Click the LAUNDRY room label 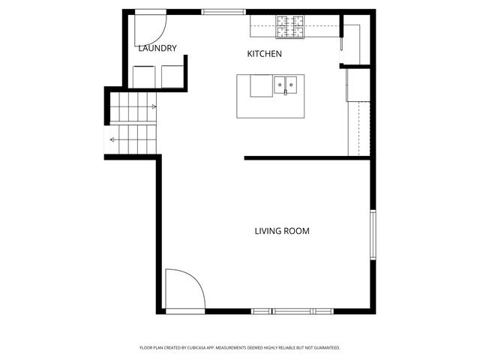pos(157,49)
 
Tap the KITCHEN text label pos(265,54)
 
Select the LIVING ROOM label pos(282,231)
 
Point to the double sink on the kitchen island pos(285,85)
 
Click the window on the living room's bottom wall pos(292,311)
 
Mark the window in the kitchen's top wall pos(223,11)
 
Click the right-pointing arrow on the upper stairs pos(153,106)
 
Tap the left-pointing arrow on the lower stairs pos(112,139)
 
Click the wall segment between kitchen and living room pos(307,158)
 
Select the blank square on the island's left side pos(261,85)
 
